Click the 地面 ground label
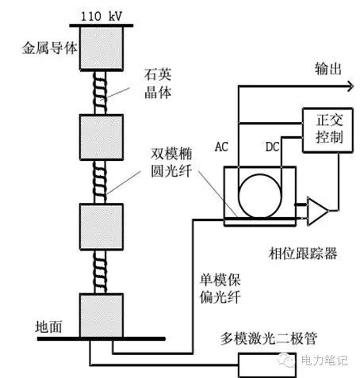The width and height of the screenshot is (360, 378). (50, 326)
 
